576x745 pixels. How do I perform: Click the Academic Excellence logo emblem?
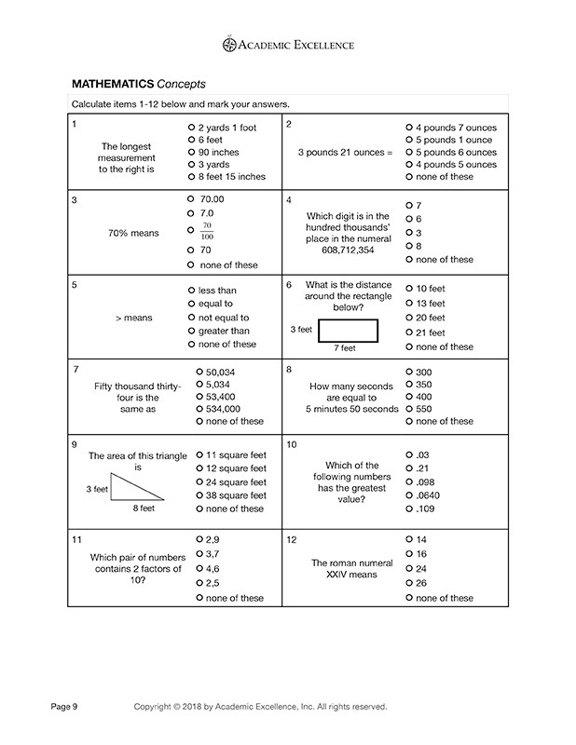(229, 43)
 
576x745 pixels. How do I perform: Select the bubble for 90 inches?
(190, 152)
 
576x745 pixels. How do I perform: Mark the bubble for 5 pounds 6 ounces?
(409, 152)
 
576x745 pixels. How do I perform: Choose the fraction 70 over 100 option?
(190, 229)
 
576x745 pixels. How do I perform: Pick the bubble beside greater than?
(190, 331)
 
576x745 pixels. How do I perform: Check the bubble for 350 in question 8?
(409, 384)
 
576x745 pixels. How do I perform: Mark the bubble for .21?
(409, 468)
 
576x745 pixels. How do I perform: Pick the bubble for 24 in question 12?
(409, 568)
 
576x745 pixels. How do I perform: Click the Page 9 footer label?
(65, 707)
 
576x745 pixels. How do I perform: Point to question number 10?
(292, 445)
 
